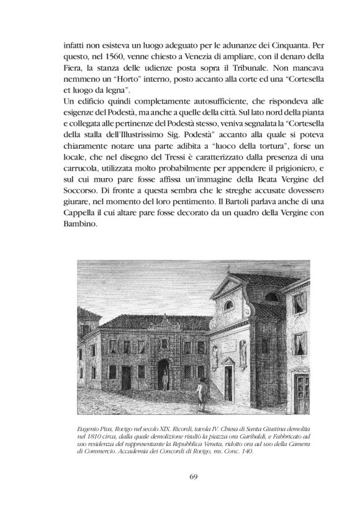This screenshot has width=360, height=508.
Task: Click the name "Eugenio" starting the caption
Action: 85,429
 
